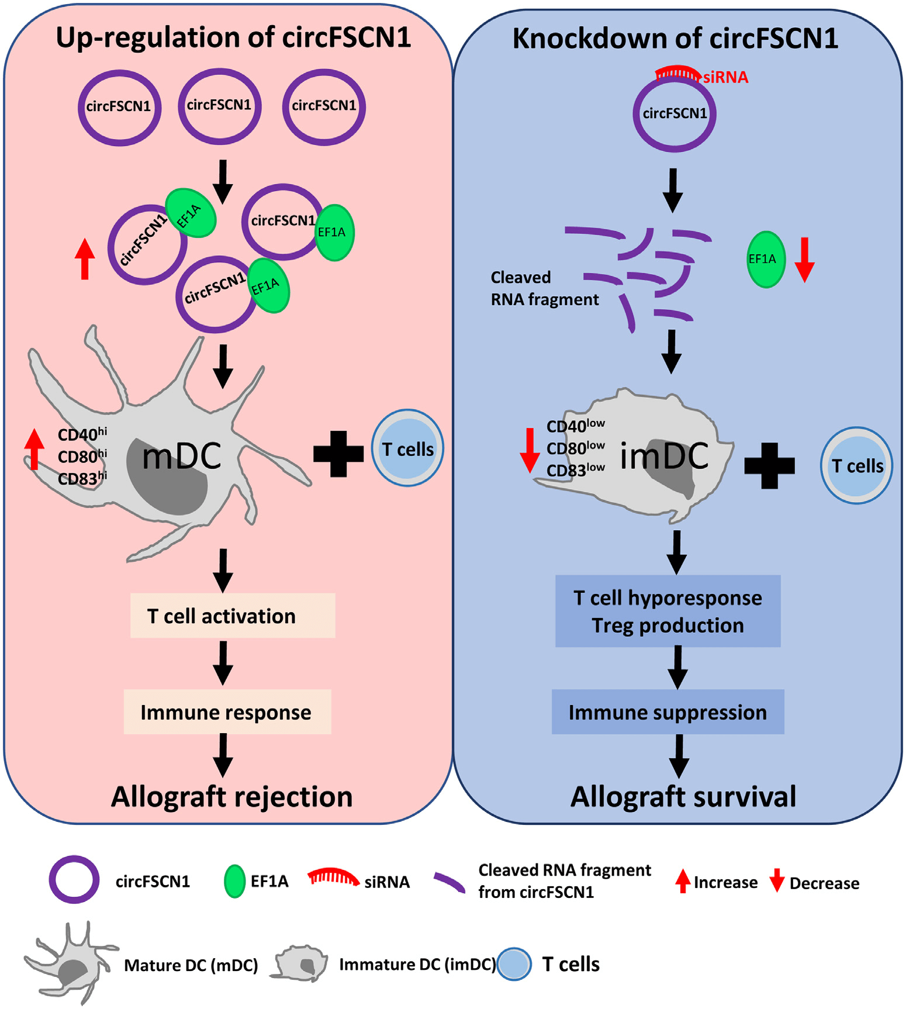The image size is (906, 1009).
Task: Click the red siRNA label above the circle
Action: click(x=725, y=77)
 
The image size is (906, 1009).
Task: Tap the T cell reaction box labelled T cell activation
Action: click(x=232, y=616)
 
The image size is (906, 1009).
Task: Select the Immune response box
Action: click(x=227, y=712)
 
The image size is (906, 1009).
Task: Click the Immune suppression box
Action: click(x=668, y=712)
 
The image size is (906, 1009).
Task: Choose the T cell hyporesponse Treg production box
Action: click(x=668, y=611)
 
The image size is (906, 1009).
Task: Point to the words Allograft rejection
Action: click(x=231, y=796)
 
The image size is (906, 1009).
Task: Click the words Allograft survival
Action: click(x=683, y=796)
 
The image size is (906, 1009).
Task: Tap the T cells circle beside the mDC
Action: click(x=407, y=448)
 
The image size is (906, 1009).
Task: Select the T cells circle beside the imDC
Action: click(x=856, y=465)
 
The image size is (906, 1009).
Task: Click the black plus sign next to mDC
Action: click(x=338, y=454)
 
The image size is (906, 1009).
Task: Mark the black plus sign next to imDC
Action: click(x=769, y=465)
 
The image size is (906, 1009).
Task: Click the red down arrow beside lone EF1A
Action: click(x=805, y=260)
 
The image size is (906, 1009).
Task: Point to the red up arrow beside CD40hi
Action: click(x=34, y=449)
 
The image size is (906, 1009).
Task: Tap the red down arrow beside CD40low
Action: click(x=530, y=449)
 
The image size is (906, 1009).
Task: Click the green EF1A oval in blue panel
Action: click(x=766, y=259)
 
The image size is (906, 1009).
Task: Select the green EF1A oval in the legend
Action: click(x=235, y=881)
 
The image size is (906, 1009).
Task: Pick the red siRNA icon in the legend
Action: click(x=333, y=877)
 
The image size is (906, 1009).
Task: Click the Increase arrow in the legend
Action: click(x=683, y=881)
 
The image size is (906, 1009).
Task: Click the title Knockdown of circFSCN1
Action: click(x=675, y=39)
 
